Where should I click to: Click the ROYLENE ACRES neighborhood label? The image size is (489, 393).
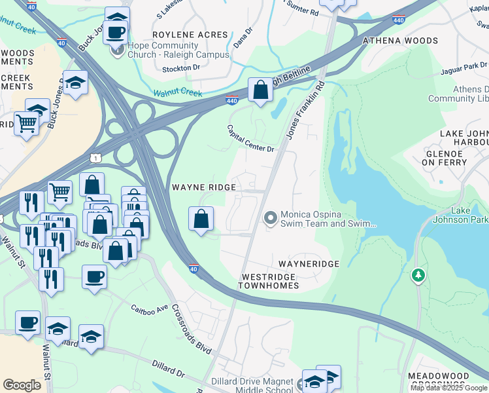(x=190, y=35)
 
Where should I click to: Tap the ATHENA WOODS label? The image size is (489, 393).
(x=401, y=41)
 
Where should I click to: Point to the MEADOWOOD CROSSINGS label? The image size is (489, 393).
(x=447, y=381)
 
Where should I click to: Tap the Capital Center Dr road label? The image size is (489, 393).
(x=250, y=138)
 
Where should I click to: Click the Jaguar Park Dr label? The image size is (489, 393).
(x=465, y=65)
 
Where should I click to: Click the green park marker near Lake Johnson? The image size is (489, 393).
(x=418, y=276)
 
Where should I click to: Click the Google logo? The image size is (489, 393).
(x=22, y=385)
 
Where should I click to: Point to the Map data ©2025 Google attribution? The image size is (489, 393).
(x=448, y=388)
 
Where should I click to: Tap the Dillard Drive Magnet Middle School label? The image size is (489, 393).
(x=252, y=386)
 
